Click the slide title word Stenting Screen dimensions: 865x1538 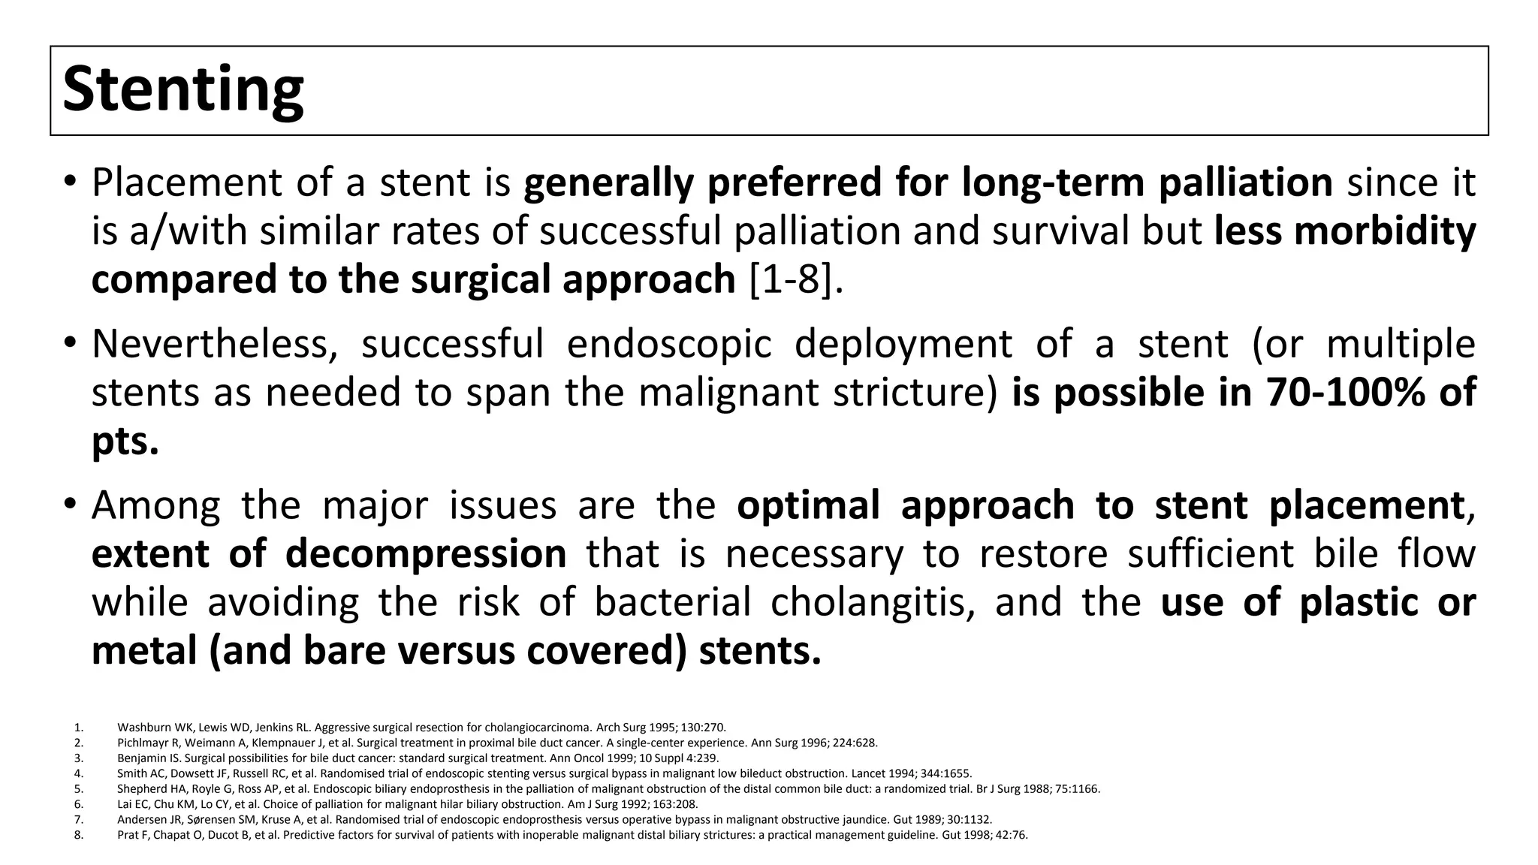pos(182,90)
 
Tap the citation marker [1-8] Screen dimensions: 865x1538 pos(796,279)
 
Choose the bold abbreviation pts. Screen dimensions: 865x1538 pos(125,442)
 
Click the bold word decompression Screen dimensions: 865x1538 pos(426,554)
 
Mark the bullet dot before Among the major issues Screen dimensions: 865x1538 pos(70,505)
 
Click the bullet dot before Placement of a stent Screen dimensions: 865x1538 pos(70,182)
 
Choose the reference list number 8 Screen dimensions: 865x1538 pos(78,834)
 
